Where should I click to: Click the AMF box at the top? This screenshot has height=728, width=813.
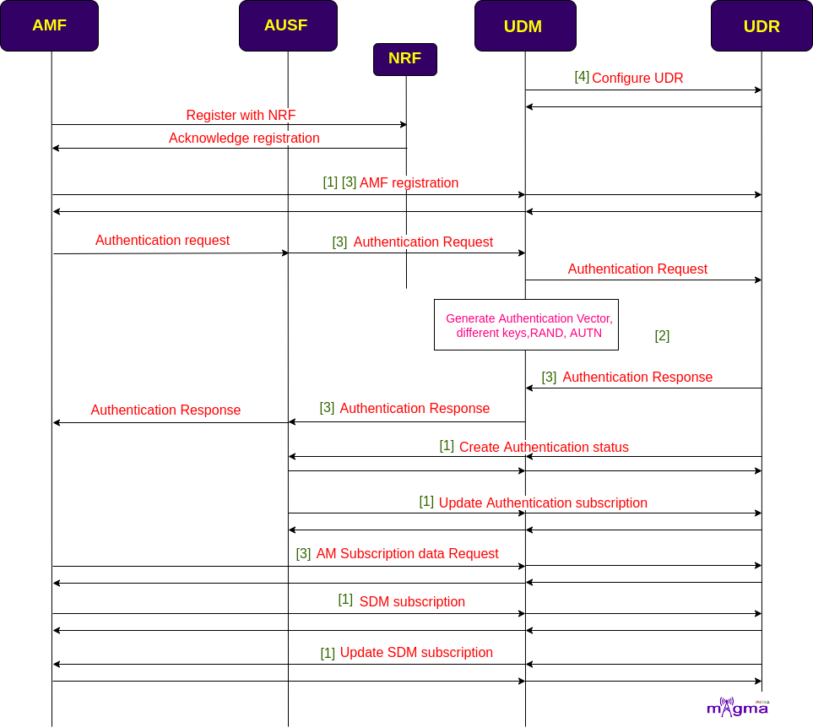(x=49, y=25)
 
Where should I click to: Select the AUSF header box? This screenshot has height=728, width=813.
(x=288, y=25)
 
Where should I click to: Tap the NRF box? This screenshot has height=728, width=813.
(x=405, y=59)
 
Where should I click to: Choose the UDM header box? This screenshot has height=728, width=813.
(x=525, y=25)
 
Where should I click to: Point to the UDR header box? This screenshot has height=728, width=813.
(x=762, y=25)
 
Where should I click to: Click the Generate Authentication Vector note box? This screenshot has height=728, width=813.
(x=526, y=324)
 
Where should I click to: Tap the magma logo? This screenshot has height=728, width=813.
(x=738, y=707)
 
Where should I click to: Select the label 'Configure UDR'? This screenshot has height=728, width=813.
(x=637, y=78)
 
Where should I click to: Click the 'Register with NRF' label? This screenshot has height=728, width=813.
(x=241, y=115)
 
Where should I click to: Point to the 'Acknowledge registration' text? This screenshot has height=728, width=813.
(x=244, y=138)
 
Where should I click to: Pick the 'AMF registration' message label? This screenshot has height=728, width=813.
(x=409, y=182)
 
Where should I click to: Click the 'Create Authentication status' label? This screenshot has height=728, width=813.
(x=544, y=447)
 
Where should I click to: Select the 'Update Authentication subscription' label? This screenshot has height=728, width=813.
(x=543, y=503)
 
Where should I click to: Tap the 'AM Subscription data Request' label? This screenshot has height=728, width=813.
(x=408, y=554)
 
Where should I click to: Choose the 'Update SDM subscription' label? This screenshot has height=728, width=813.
(x=416, y=652)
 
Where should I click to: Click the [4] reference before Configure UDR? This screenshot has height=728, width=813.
(x=582, y=77)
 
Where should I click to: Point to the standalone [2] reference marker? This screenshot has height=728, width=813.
(x=662, y=336)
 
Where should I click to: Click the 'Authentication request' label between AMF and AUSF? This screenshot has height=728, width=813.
(x=162, y=240)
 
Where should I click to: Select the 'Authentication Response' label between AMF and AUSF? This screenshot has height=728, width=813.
(x=165, y=410)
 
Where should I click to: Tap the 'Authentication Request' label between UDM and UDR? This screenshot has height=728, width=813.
(x=637, y=269)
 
